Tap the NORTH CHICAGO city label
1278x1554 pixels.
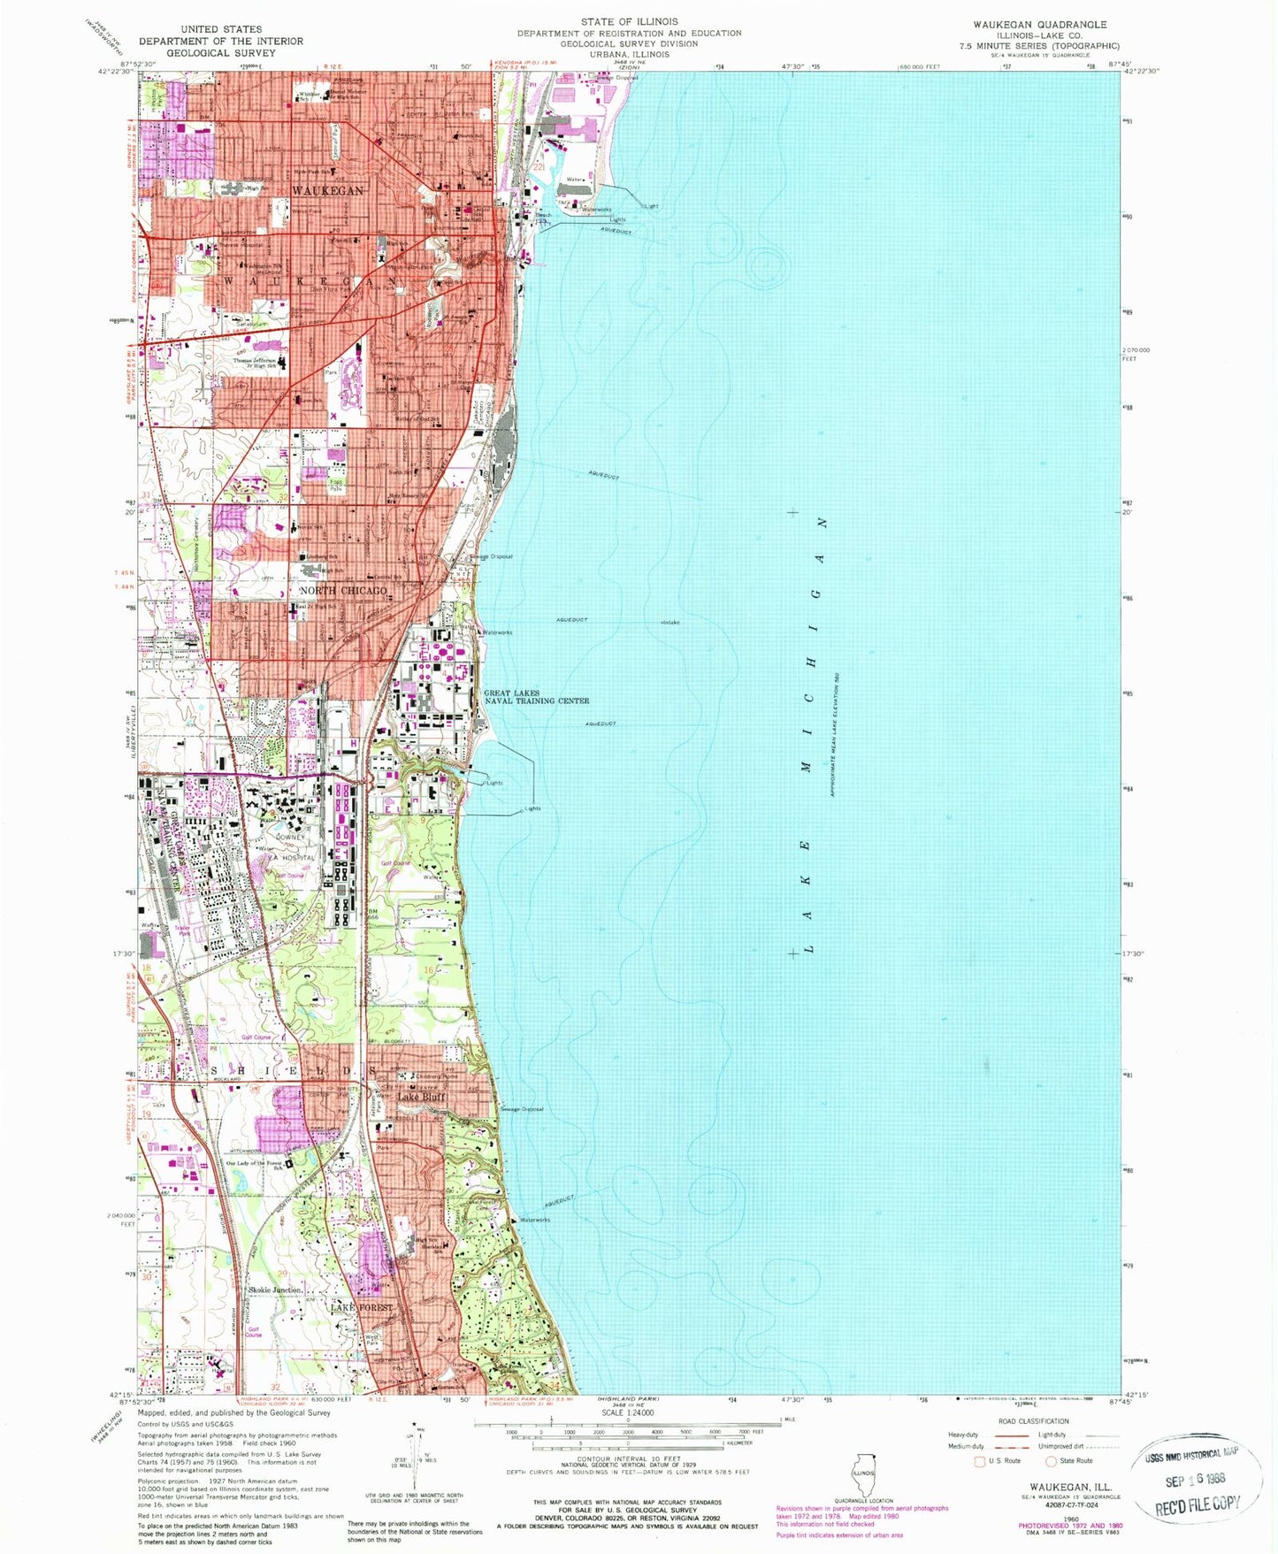pos(343,590)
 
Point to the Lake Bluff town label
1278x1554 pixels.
pos(421,1098)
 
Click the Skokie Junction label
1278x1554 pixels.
pos(275,1290)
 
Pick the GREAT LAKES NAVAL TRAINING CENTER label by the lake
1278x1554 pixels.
pos(536,697)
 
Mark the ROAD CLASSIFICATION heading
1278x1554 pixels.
pos(1032,1421)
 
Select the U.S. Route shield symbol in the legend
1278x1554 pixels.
pos(979,1461)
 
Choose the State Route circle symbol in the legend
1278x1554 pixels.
pos(1051,1461)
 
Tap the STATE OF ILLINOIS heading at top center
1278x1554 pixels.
pos(629,21)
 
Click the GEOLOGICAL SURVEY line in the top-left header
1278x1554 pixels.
pos(220,53)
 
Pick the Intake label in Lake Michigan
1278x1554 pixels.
pos(670,623)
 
